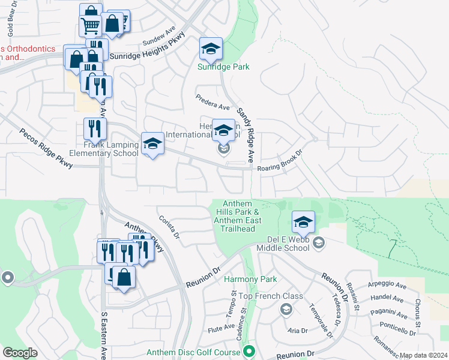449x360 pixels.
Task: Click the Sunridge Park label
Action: (x=223, y=67)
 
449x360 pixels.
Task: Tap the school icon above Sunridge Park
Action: (x=211, y=49)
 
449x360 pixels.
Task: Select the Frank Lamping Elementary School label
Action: (x=104, y=149)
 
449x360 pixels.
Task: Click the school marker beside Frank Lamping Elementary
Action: (x=152, y=144)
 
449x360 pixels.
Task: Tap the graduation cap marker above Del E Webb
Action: (x=303, y=223)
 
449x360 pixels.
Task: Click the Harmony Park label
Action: (x=250, y=280)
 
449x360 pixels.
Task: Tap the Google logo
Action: (x=20, y=352)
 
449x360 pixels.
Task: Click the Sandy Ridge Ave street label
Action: (x=246, y=130)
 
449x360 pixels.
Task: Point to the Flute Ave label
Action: (x=221, y=327)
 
